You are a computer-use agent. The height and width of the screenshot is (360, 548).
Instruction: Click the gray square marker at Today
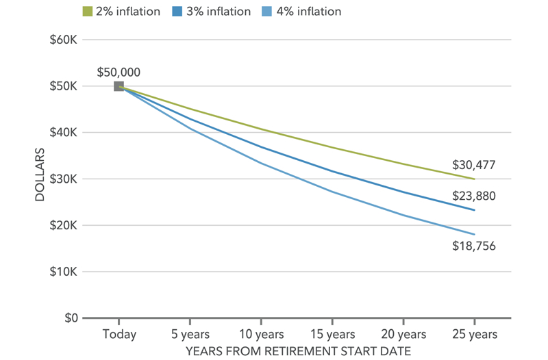pyautogui.click(x=119, y=86)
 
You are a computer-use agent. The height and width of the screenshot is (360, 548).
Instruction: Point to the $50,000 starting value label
pyautogui.click(x=119, y=71)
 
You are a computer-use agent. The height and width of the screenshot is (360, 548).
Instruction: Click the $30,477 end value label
pyautogui.click(x=474, y=165)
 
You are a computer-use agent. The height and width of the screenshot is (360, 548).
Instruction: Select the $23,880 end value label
pyautogui.click(x=474, y=196)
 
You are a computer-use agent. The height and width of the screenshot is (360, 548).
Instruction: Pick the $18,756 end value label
pyautogui.click(x=474, y=246)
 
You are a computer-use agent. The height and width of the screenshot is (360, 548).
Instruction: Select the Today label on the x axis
pyautogui.click(x=119, y=335)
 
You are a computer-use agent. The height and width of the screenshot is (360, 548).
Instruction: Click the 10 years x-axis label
pyautogui.click(x=261, y=335)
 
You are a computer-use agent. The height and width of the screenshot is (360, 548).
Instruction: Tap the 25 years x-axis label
pyautogui.click(x=474, y=335)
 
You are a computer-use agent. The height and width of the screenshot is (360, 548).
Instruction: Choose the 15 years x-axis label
pyautogui.click(x=332, y=335)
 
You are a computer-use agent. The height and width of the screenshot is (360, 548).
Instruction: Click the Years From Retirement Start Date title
pyautogui.click(x=297, y=350)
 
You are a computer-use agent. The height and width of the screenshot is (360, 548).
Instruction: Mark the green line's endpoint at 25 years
pyautogui.click(x=474, y=179)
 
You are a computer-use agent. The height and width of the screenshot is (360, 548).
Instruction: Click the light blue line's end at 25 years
pyautogui.click(x=474, y=235)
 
